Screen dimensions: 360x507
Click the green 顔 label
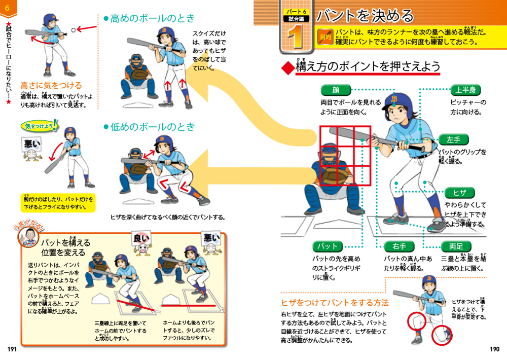click(x=335, y=90)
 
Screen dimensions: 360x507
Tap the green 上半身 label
click(x=465, y=90)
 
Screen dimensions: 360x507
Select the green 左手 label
click(x=453, y=139)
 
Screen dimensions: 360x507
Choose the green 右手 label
click(x=400, y=246)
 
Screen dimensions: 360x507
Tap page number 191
click(x=12, y=349)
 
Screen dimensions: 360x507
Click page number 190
click(x=494, y=349)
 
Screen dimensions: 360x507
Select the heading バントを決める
click(x=365, y=16)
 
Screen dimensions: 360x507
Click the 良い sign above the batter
click(x=141, y=237)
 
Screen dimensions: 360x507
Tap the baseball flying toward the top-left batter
click(x=75, y=31)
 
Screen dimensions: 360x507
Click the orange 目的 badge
click(x=324, y=37)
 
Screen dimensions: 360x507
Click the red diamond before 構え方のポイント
click(x=287, y=68)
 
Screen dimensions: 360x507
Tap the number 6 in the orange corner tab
click(x=7, y=7)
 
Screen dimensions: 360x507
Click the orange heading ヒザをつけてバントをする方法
click(x=335, y=303)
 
